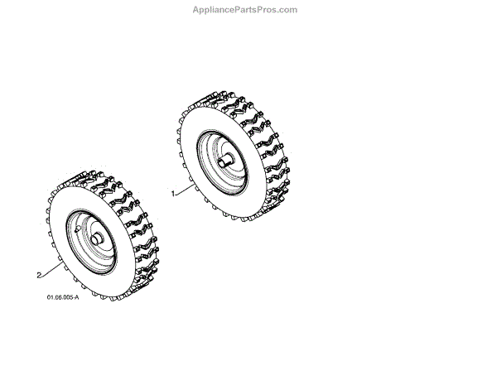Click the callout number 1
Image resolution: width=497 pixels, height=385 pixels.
(172, 193)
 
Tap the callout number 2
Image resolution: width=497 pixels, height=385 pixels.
(39, 273)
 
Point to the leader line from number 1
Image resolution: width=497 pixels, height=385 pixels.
(186, 190)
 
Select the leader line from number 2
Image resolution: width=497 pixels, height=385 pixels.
(51, 269)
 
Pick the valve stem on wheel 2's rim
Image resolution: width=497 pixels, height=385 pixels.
(75, 225)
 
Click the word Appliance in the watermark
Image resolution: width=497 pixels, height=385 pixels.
(215, 10)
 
